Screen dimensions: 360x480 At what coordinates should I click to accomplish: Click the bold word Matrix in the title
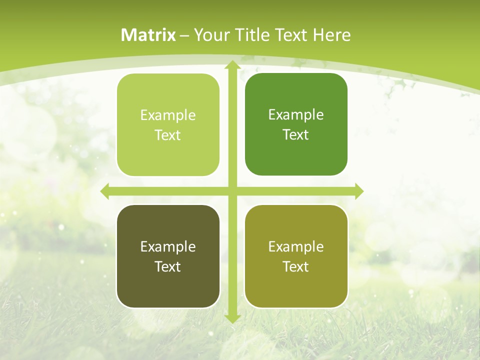[148, 35]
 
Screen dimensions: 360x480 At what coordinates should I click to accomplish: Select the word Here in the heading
[331, 35]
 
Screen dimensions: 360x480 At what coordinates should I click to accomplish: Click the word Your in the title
[211, 35]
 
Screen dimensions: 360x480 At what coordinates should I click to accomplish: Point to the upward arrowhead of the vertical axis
[232, 65]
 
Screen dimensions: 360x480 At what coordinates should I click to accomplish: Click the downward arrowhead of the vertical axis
[232, 318]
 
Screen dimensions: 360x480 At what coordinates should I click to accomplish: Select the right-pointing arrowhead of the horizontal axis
[358, 191]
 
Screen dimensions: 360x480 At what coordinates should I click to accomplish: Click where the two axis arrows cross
[232, 191]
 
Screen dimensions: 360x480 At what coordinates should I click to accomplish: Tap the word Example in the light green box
[168, 115]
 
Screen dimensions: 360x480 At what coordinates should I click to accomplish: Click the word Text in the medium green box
[296, 135]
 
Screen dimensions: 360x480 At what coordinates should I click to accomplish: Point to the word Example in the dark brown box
[168, 246]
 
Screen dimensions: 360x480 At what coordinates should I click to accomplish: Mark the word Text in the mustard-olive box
[296, 266]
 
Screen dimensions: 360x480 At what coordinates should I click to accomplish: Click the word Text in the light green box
[168, 135]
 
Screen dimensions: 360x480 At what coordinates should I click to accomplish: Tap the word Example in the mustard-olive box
[296, 246]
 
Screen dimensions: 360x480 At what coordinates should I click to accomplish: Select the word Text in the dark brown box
[168, 266]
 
